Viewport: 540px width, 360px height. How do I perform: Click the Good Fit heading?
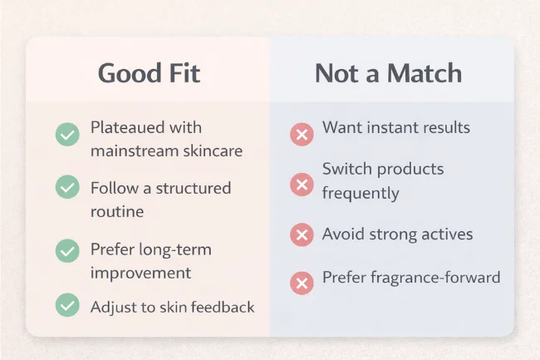click(150, 73)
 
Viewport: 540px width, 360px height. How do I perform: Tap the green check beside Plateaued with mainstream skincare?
click(66, 135)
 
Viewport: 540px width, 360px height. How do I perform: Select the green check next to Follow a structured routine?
click(66, 187)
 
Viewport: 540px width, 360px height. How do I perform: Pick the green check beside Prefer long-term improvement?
click(66, 249)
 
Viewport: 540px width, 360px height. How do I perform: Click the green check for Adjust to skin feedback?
click(66, 305)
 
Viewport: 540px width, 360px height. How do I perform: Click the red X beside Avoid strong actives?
click(301, 235)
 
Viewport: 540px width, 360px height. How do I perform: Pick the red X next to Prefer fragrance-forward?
click(301, 284)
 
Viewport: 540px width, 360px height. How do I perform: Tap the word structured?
click(190, 188)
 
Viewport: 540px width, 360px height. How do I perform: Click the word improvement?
click(140, 273)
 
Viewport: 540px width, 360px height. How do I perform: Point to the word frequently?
click(361, 194)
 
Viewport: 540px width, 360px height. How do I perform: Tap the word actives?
click(444, 234)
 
